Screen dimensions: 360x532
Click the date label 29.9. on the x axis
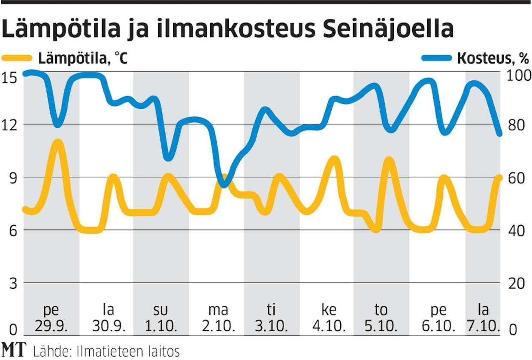click(51, 326)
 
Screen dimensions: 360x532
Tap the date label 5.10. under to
click(381, 326)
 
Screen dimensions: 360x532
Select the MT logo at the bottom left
click(14, 350)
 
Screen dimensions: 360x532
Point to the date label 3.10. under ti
click(272, 326)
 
